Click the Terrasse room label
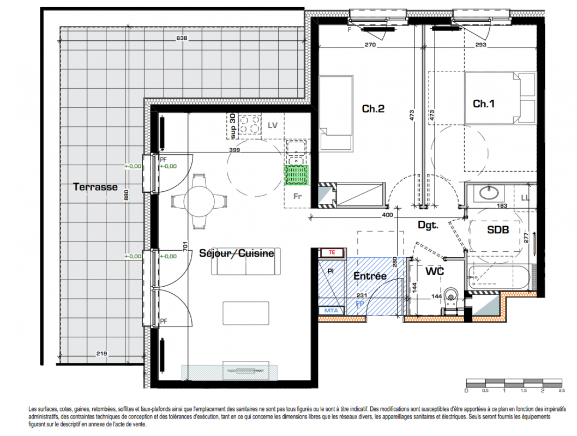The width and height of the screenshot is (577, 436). pyautogui.click(x=95, y=187)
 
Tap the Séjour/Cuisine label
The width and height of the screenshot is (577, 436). pyautogui.click(x=237, y=253)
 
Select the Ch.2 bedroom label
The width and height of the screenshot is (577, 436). pyautogui.click(x=373, y=109)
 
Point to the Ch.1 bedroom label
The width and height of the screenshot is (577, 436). pyautogui.click(x=484, y=104)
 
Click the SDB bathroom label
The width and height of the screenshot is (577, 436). pyautogui.click(x=498, y=230)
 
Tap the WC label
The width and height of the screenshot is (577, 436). pyautogui.click(x=435, y=271)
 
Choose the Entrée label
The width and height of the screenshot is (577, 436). pyautogui.click(x=370, y=276)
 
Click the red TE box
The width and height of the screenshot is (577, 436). pyautogui.click(x=332, y=252)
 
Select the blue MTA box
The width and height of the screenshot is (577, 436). pyautogui.click(x=331, y=311)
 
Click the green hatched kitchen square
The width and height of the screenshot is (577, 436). pyautogui.click(x=296, y=175)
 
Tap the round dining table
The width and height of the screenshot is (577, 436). pyautogui.click(x=199, y=202)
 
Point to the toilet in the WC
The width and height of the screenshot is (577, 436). pyautogui.click(x=450, y=300)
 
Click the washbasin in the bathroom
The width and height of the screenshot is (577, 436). pyautogui.click(x=489, y=192)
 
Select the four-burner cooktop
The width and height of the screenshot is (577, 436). pyautogui.click(x=250, y=124)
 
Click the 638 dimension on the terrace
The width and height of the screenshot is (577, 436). pyautogui.click(x=182, y=38)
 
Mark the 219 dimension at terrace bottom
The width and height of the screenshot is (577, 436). pyautogui.click(x=101, y=354)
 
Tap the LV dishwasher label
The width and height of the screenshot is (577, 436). pyautogui.click(x=272, y=126)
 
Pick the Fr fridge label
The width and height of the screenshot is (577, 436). pyautogui.click(x=297, y=197)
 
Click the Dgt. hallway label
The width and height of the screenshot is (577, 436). pyautogui.click(x=428, y=225)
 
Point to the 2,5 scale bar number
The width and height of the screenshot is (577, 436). pyautogui.click(x=562, y=390)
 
